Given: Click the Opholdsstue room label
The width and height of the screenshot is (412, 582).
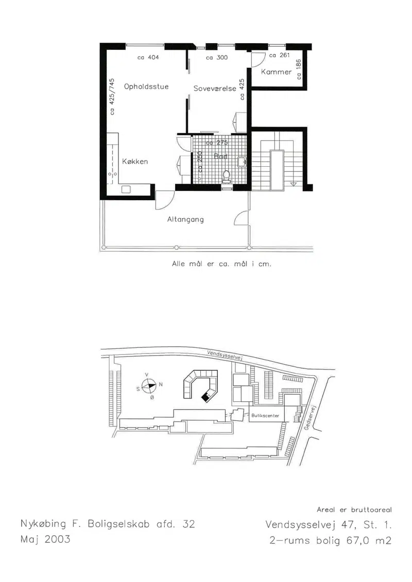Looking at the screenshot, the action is [x=146, y=87].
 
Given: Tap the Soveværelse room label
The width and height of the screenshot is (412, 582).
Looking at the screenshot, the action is [x=215, y=89].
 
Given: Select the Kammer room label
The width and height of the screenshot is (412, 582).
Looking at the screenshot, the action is [x=276, y=72].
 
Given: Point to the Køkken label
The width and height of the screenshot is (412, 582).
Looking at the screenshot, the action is [x=135, y=162].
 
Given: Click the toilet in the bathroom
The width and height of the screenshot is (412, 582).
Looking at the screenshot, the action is [x=226, y=177].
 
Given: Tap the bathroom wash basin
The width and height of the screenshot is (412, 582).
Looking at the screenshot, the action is [x=242, y=162].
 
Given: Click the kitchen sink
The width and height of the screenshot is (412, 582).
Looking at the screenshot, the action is [x=126, y=189].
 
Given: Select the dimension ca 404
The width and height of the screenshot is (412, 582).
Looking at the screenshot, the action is [x=148, y=57].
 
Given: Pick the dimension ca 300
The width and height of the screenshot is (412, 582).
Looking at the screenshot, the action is [x=217, y=58].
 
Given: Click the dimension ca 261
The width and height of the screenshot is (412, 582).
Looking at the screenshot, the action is [x=279, y=55].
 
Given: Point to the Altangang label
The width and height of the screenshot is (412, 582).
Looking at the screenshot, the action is [x=185, y=219].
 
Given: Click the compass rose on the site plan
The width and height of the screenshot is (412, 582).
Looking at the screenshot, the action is [x=149, y=385].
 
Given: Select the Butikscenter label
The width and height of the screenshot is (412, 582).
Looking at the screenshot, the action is [x=265, y=416].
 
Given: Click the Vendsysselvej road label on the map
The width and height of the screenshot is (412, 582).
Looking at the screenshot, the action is [x=225, y=355].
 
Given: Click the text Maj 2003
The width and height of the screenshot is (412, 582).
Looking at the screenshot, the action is [x=45, y=539].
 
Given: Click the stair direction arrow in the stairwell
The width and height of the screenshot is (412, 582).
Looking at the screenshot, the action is [x=294, y=184].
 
